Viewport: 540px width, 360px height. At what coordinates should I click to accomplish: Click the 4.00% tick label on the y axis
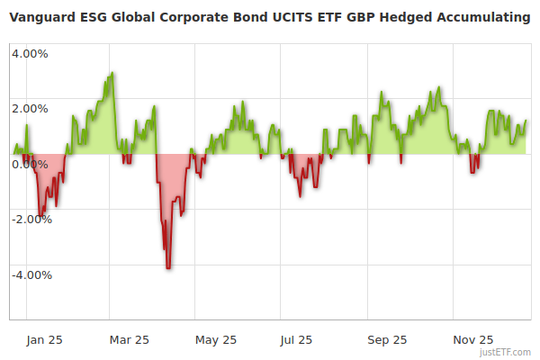pyautogui.click(x=30, y=53)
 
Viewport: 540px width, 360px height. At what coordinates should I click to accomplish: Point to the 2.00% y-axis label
pyautogui.click(x=30, y=109)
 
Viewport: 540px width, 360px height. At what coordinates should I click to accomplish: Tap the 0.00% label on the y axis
pyautogui.click(x=30, y=164)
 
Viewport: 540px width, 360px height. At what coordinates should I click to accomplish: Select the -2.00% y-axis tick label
pyautogui.click(x=31, y=219)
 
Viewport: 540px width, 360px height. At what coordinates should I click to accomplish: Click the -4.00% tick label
pyautogui.click(x=31, y=274)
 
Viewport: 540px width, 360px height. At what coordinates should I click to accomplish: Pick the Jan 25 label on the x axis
pyautogui.click(x=43, y=339)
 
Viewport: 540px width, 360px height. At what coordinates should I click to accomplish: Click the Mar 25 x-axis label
pyautogui.click(x=129, y=339)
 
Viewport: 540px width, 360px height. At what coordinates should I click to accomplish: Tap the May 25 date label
pyautogui.click(x=216, y=339)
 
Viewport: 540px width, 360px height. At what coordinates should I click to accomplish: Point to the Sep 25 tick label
pyautogui.click(x=387, y=339)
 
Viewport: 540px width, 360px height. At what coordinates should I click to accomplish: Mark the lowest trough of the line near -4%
pyautogui.click(x=168, y=268)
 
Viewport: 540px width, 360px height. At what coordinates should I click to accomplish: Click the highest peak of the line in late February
pyautogui.click(x=112, y=73)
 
